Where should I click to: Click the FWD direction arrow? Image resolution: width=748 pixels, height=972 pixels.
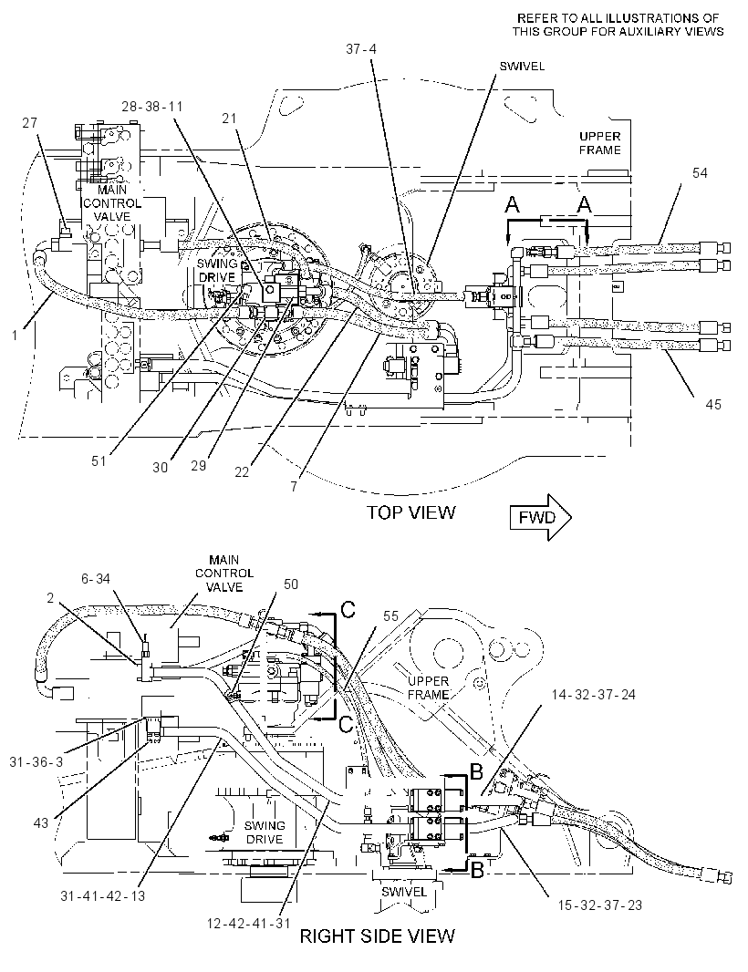pos(540,517)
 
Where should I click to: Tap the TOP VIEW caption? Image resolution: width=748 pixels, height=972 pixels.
pos(410,512)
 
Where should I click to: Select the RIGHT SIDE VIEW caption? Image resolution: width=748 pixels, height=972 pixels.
pos(377,936)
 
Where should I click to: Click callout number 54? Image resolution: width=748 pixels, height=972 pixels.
pos(700,173)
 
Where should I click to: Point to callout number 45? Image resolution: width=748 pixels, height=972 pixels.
pos(713,405)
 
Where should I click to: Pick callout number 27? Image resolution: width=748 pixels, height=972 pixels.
pos(30,123)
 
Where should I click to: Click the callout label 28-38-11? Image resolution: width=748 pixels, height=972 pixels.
pos(152,107)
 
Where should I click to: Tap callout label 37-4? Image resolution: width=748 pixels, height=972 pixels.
pos(361,49)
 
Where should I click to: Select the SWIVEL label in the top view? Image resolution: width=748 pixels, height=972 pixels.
pos(522,67)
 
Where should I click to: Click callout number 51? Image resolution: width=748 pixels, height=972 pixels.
pos(99,461)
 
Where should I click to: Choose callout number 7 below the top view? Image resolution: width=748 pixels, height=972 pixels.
pos(294,487)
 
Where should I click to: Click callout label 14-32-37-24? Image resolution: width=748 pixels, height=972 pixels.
pos(594,695)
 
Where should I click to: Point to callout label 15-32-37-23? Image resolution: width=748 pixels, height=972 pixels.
pos(599,905)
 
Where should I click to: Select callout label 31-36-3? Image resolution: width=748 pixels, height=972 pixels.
pos(36,762)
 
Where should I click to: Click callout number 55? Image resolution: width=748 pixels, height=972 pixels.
pos(390,615)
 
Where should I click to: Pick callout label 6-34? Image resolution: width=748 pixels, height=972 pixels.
pos(96,578)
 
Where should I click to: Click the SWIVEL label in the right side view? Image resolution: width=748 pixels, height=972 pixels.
pos(404,892)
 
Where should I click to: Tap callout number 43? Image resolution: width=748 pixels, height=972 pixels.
pos(40,824)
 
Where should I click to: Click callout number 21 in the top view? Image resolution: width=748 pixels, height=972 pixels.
pos(230,118)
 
